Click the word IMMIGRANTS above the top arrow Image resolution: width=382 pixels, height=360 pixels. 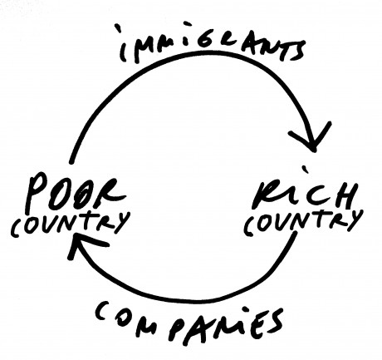(x=213, y=44)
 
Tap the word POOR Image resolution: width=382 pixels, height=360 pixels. (x=75, y=193)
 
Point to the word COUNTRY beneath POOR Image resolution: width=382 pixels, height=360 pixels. (x=70, y=223)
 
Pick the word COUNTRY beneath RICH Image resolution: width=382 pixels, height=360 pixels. (x=304, y=221)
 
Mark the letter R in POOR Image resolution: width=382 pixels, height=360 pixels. (x=110, y=193)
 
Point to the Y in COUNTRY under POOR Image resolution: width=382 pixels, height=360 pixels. (x=120, y=223)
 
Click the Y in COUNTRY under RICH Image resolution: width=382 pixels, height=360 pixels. (x=354, y=220)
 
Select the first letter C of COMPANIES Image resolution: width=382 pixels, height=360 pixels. (x=103, y=312)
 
